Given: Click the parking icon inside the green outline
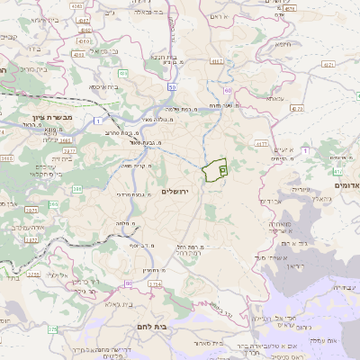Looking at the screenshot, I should (222, 168).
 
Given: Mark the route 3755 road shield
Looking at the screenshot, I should (32, 274).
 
